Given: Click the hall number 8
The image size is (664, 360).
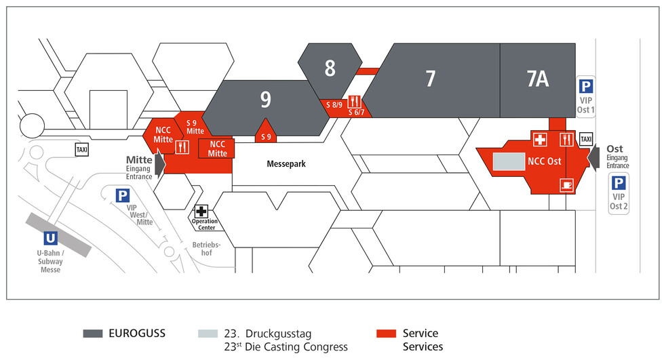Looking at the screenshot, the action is tap(330, 68).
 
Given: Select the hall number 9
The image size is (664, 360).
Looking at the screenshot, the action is tap(265, 100).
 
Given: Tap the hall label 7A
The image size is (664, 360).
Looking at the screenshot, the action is tap(537, 79).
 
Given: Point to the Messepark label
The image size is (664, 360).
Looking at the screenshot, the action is tap(286, 164).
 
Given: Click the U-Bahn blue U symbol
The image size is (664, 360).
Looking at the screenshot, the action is tap(50, 238).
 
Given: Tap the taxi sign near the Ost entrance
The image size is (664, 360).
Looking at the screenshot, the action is tap(586, 139).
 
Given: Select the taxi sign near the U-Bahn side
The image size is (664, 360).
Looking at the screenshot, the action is tap(82, 150).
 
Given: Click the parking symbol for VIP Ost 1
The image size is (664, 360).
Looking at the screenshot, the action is tap(586, 87).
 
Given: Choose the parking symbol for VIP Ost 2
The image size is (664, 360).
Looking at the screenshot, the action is tap(619, 183).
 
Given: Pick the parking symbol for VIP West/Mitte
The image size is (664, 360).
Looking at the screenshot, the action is tap(123, 196).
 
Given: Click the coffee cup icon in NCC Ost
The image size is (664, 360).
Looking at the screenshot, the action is tap(567, 185).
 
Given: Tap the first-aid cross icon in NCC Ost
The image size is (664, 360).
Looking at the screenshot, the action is tap(540, 140).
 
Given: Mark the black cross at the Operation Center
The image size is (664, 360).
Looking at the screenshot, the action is tap(201, 212).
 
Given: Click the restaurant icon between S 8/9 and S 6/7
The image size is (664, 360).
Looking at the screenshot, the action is tap(355, 102).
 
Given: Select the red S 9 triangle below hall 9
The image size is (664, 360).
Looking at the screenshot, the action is tap(265, 131).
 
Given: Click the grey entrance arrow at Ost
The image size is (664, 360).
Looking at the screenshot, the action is tap(593, 157).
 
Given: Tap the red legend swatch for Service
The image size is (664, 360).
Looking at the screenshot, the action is tap(386, 334).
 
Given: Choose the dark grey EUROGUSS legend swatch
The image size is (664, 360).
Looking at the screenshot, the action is tap(93, 334).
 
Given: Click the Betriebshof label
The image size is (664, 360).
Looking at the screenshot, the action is tap(207, 249).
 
